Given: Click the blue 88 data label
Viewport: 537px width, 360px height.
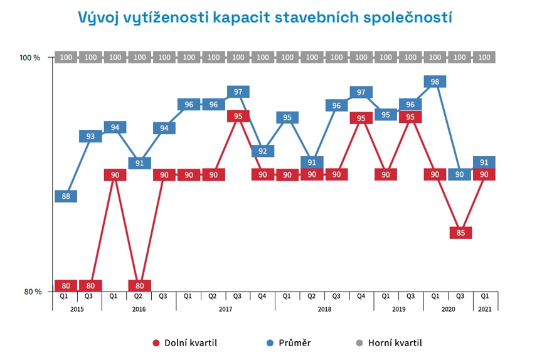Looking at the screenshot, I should click(66, 197).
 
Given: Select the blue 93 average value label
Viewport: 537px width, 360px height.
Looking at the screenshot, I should click(90, 136).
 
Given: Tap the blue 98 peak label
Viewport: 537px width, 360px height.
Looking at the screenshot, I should click(435, 82).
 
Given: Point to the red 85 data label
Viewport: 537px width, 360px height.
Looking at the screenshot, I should click(460, 233).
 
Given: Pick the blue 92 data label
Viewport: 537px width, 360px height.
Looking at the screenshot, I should click(263, 151).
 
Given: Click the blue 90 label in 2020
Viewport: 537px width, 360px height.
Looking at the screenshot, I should click(460, 174).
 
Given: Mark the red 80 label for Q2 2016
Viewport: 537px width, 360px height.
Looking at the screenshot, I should click(139, 285).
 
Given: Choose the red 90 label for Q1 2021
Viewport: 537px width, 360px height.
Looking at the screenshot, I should click(484, 174).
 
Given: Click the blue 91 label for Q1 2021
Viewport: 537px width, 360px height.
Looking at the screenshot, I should click(484, 162).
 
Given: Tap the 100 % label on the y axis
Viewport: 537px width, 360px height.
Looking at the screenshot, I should click(30, 58).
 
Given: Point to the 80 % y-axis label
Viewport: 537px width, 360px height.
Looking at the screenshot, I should click(32, 292).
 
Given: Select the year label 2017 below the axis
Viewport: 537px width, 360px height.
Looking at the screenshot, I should click(226, 309).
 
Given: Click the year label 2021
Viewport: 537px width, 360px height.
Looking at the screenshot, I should click(485, 309).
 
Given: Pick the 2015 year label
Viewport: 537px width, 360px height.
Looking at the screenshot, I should click(77, 309).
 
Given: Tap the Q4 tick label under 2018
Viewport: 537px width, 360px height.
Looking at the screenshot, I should click(361, 296).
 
